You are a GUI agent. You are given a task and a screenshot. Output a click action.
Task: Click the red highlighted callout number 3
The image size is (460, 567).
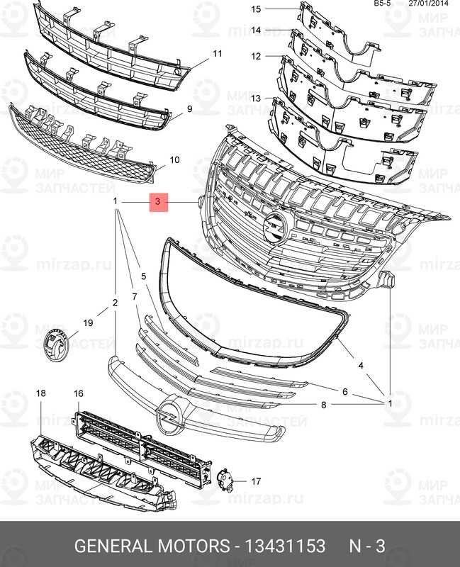(x=158, y=203)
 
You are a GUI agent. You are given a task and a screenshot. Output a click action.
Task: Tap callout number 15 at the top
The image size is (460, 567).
(x=257, y=9)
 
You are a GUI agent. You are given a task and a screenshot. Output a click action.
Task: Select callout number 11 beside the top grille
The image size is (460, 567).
(x=218, y=54)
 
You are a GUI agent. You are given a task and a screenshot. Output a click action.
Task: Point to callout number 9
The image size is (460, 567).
(x=190, y=108)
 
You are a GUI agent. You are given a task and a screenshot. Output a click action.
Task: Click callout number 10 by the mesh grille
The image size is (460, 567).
(x=174, y=160)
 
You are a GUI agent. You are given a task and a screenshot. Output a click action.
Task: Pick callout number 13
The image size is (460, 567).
(x=257, y=97)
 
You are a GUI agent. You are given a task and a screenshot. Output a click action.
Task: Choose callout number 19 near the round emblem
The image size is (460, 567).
(x=88, y=323)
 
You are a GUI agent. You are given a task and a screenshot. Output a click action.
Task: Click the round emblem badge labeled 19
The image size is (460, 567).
(x=55, y=345)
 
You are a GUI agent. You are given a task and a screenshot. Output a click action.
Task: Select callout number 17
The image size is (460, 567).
(x=256, y=481)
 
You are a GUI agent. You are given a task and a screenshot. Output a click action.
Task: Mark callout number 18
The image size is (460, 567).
(x=40, y=393)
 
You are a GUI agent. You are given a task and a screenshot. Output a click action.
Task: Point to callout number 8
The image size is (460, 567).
(x=323, y=405)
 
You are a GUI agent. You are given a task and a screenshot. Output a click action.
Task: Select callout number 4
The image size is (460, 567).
(x=360, y=366)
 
